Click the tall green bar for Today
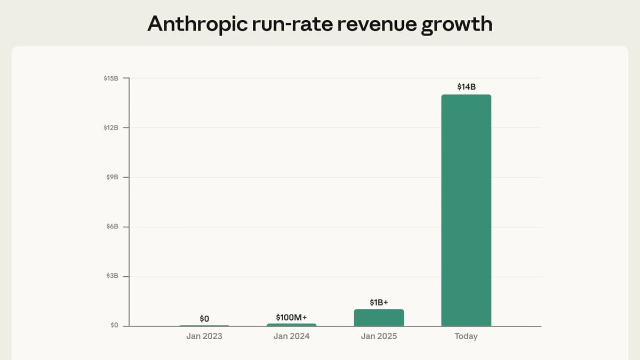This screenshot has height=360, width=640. (x=466, y=210)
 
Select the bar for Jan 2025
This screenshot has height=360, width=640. (x=379, y=318)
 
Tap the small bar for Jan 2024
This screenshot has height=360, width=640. (x=291, y=324)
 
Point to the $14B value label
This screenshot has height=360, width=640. (x=466, y=86)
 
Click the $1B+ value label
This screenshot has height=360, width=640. (x=379, y=302)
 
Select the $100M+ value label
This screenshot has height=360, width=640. (x=291, y=317)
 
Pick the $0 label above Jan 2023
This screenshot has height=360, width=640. (x=204, y=318)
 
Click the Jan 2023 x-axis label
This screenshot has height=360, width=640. (x=204, y=337)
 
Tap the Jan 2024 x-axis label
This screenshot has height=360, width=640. (x=291, y=337)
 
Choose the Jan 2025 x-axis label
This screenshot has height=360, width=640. (x=379, y=337)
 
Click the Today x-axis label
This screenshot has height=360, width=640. (x=466, y=337)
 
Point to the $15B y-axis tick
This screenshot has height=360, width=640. (x=111, y=78)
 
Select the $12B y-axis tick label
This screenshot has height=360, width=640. (x=111, y=128)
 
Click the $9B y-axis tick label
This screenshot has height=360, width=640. (x=112, y=177)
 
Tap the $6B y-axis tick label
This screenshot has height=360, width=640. (x=112, y=227)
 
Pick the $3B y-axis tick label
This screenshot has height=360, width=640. (x=112, y=276)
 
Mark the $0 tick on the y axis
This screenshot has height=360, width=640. (x=114, y=325)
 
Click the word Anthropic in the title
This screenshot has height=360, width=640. (x=196, y=23)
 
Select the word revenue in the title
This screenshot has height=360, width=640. (x=373, y=23)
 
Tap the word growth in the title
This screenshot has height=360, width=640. (x=457, y=23)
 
